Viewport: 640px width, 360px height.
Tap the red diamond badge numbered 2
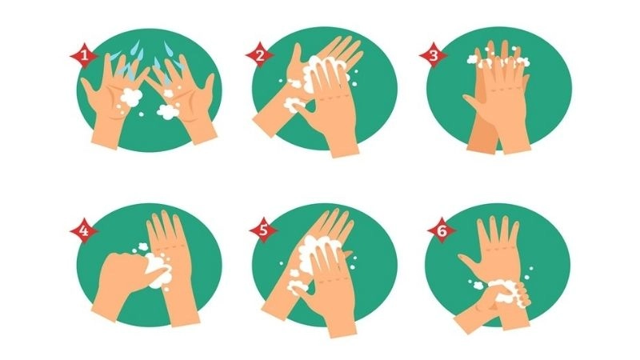click(x=259, y=55)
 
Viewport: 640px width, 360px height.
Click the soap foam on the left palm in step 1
click(x=130, y=98)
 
